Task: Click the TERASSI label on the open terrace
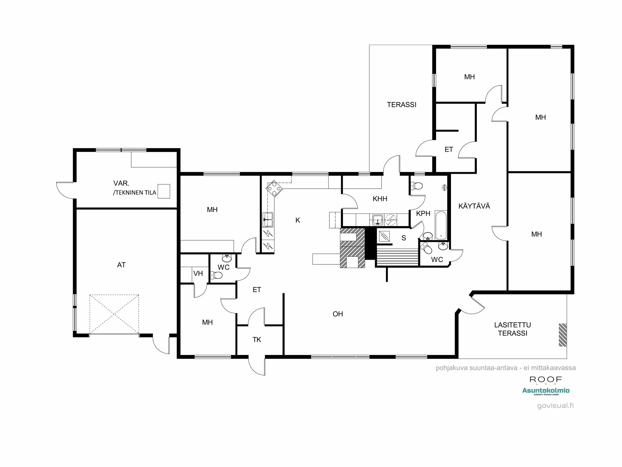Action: click(x=402, y=105)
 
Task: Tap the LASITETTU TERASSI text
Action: click(x=513, y=329)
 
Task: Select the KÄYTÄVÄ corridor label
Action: click(x=474, y=206)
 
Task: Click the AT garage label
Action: click(x=121, y=265)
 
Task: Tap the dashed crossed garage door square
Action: click(x=114, y=314)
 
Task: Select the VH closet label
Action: click(x=198, y=274)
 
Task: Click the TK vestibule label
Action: click(x=257, y=340)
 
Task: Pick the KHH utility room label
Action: click(x=380, y=199)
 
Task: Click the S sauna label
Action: click(x=404, y=238)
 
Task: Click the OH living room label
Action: click(x=338, y=314)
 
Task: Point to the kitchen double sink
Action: click(x=268, y=219)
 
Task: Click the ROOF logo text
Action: click(x=546, y=380)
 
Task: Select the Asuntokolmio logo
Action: click(x=546, y=391)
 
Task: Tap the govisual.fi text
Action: click(x=555, y=405)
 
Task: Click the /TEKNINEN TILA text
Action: click(x=134, y=193)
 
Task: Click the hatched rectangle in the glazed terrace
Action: click(x=563, y=335)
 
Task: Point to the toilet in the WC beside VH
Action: click(x=217, y=275)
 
